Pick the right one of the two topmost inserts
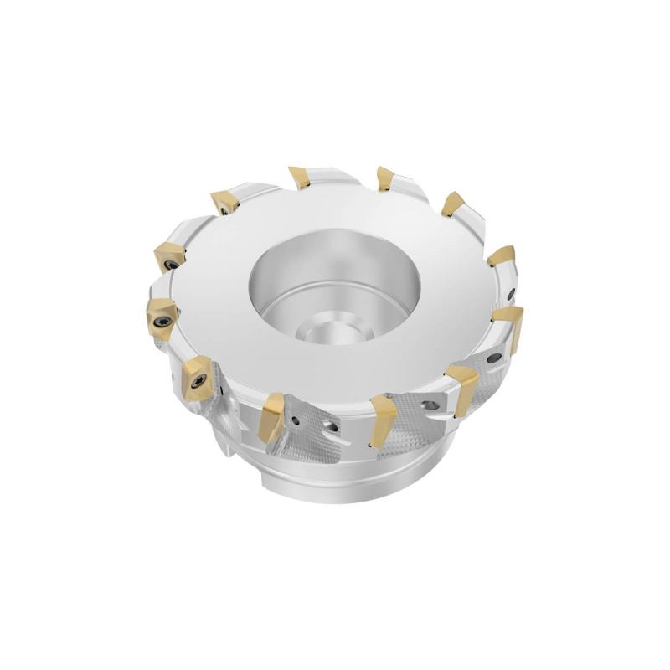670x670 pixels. point(385,178)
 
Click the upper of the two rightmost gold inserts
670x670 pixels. point(501,255)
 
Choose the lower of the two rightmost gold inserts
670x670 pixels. point(509,322)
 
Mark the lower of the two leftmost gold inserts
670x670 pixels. point(160,314)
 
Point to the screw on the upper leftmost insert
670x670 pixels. point(167,261)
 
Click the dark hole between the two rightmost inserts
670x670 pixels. point(513,293)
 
